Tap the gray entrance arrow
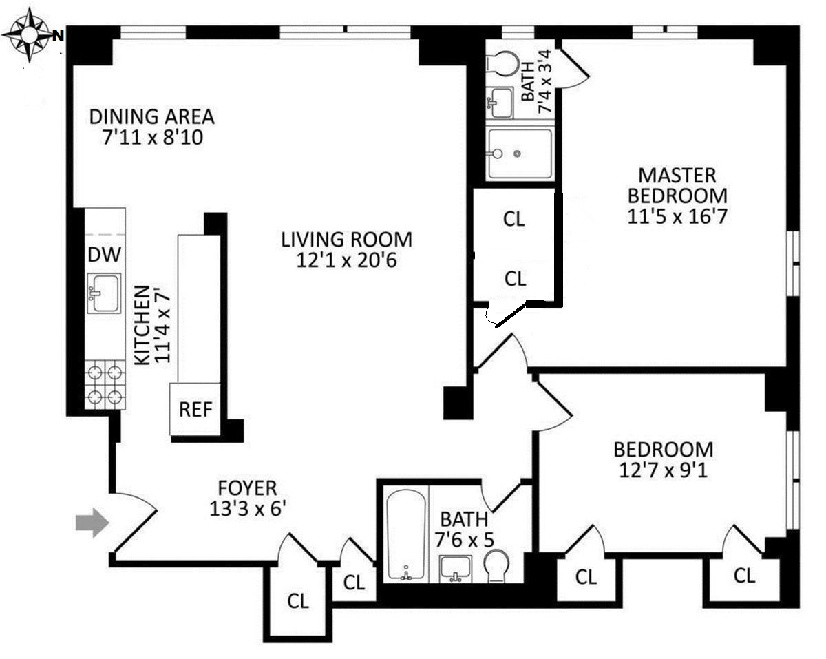pyautogui.click(x=92, y=523)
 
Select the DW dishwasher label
pyautogui.click(x=105, y=255)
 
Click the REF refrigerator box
pyautogui.click(x=195, y=409)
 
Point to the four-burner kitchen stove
pyautogui.click(x=105, y=385)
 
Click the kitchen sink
pyautogui.click(x=104, y=293)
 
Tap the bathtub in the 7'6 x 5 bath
pyautogui.click(x=406, y=534)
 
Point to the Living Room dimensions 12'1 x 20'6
pyautogui.click(x=346, y=261)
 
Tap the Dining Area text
pyautogui.click(x=152, y=116)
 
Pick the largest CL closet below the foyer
pyautogui.click(x=298, y=600)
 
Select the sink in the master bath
pyautogui.click(x=500, y=103)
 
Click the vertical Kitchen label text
pyautogui.click(x=151, y=325)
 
